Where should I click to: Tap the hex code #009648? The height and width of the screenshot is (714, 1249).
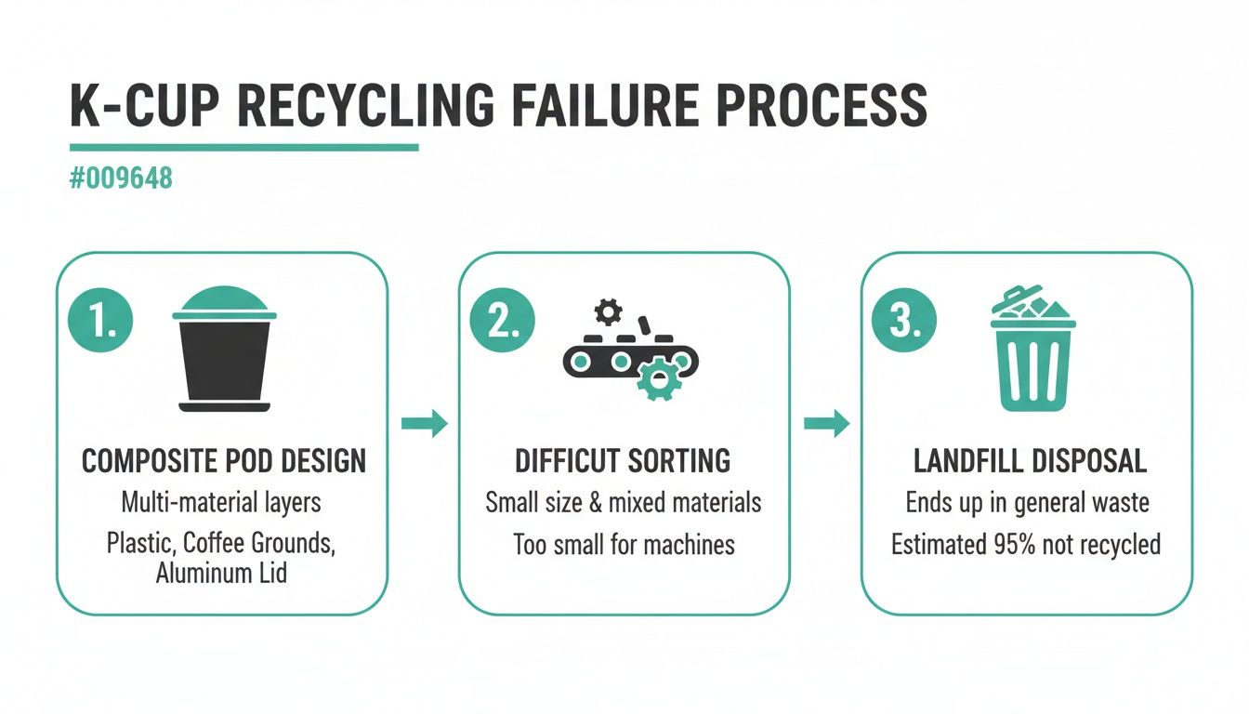pyautogui.click(x=121, y=178)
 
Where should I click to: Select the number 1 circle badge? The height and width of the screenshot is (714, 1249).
pyautogui.click(x=100, y=321)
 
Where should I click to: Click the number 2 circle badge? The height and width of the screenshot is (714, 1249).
pyautogui.click(x=502, y=321)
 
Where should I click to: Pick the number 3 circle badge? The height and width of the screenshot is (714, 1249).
pyautogui.click(x=903, y=321)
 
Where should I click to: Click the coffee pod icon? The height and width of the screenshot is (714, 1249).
pyautogui.click(x=224, y=349)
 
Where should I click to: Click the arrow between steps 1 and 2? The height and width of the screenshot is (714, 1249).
pyautogui.click(x=424, y=424)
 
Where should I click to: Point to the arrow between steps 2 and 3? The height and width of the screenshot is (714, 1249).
pyautogui.click(x=826, y=424)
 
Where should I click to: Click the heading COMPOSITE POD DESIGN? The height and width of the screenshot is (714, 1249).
pyautogui.click(x=224, y=461)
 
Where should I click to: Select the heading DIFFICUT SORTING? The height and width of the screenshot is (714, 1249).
pyautogui.click(x=623, y=461)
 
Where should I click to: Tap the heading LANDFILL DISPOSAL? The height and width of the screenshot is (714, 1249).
pyautogui.click(x=1030, y=461)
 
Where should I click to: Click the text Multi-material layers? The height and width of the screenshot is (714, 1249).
pyautogui.click(x=221, y=503)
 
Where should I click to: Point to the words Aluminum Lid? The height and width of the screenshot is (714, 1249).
pyautogui.click(x=221, y=573)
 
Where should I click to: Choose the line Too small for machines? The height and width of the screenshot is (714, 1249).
pyautogui.click(x=624, y=544)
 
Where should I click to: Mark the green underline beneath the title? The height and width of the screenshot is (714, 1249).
pyautogui.click(x=243, y=147)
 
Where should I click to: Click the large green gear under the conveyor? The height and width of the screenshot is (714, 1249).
pyautogui.click(x=659, y=378)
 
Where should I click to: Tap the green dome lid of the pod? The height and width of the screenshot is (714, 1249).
pyautogui.click(x=224, y=299)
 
